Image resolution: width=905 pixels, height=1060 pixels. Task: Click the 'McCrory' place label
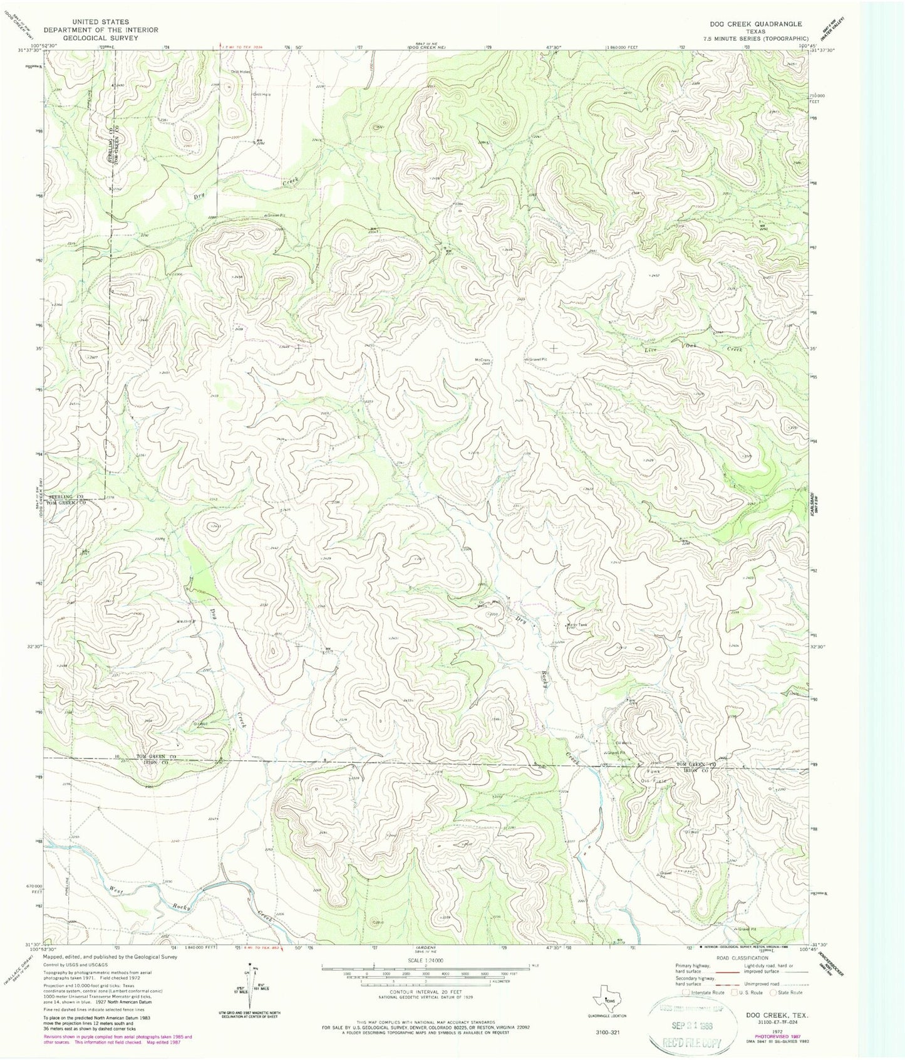(x=482, y=359)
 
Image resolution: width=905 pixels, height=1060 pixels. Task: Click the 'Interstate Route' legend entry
(x=705, y=992)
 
